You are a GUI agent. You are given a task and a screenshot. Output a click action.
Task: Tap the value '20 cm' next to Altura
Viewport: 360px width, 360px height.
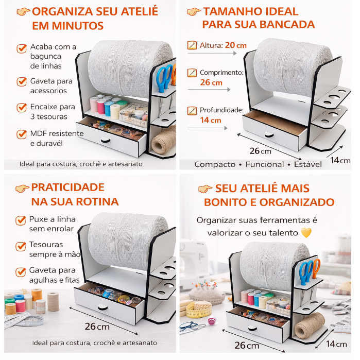[x=235, y=45]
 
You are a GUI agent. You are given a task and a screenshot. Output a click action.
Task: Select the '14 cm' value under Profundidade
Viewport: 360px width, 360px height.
[x=211, y=120]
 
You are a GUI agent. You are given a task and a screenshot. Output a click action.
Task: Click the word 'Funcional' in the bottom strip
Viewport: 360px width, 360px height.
[x=265, y=164]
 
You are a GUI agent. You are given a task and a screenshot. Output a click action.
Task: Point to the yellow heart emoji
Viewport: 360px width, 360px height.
[x=306, y=233]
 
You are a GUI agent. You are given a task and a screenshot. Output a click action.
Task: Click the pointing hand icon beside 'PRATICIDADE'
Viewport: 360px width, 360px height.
[x=22, y=188]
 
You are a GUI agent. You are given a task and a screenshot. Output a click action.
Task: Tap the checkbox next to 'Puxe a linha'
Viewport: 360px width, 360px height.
[x=21, y=220]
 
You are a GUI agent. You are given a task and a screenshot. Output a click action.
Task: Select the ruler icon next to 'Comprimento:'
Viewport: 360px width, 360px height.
[x=192, y=73]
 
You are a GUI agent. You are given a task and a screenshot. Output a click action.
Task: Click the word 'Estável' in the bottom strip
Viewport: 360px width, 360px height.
[x=308, y=164]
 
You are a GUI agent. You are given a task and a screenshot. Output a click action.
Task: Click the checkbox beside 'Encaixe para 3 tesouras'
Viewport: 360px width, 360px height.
[x=22, y=108]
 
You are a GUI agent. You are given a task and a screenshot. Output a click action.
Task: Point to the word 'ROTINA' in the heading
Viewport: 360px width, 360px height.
[x=97, y=201]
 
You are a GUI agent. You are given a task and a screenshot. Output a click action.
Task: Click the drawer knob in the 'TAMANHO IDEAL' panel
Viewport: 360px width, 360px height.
[x=269, y=134]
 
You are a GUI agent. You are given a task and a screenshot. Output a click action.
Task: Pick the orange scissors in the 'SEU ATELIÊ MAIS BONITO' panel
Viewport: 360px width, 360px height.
[x=316, y=268]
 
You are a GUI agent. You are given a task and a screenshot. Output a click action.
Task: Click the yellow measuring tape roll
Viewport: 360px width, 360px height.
[x=199, y=309]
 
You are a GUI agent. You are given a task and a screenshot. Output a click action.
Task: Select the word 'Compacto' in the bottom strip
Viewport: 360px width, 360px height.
[x=215, y=164]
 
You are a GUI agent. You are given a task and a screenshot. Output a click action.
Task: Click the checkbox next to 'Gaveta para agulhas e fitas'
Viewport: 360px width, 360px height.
[x=21, y=272]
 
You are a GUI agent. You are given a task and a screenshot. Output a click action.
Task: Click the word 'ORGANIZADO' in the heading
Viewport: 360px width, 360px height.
[x=297, y=202]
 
